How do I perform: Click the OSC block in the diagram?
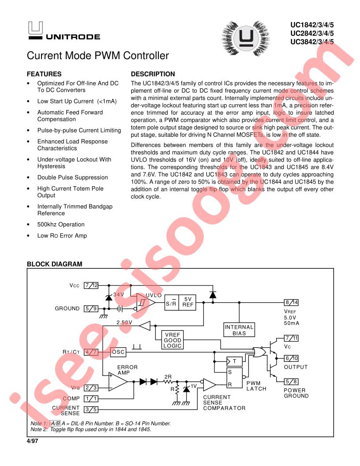[x=118, y=352]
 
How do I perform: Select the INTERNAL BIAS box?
[x=239, y=330]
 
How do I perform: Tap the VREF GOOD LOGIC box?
[x=172, y=340]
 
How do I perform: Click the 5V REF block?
[x=187, y=302]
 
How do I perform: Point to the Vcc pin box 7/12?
[x=91, y=286]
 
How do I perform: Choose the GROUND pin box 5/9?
[x=91, y=308]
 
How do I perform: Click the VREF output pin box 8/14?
[x=291, y=302]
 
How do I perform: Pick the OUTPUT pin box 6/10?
[x=291, y=358]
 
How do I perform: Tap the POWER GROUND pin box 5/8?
[x=291, y=381]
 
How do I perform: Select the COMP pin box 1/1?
[x=91, y=398]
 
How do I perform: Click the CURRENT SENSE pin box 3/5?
[x=91, y=410]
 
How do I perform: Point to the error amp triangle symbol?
[x=118, y=382]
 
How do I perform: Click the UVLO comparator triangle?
[x=146, y=302]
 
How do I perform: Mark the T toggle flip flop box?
[x=234, y=361]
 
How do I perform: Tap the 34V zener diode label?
[x=119, y=294]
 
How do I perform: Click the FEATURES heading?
[x=44, y=74]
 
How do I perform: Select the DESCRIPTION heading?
[x=153, y=74]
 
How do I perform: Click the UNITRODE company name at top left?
[x=73, y=37]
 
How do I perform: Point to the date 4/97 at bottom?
[x=32, y=441]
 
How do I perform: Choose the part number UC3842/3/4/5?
[x=312, y=42]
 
